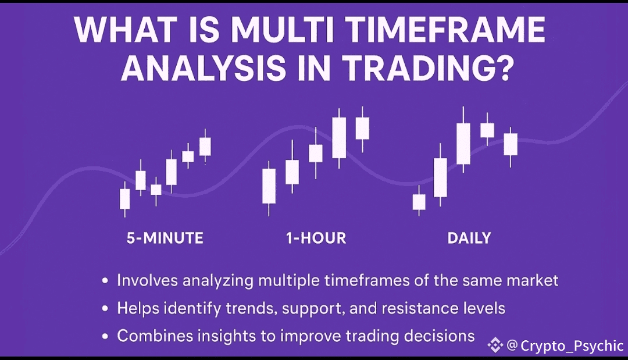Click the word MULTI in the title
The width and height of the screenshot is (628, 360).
point(283,30)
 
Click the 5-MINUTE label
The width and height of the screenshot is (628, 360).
point(165,238)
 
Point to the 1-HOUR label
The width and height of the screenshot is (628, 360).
point(316,238)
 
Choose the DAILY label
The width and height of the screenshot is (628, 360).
point(469,238)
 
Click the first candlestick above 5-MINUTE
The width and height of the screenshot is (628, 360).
point(125,199)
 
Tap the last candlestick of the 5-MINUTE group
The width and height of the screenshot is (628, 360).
point(205,146)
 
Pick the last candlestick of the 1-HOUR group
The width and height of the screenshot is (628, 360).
point(362,129)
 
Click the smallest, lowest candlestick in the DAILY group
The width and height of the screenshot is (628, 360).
point(419,201)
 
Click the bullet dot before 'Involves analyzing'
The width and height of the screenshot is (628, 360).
point(105,281)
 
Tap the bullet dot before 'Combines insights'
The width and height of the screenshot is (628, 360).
point(105,336)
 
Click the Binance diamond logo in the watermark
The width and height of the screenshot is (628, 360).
point(495,345)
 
